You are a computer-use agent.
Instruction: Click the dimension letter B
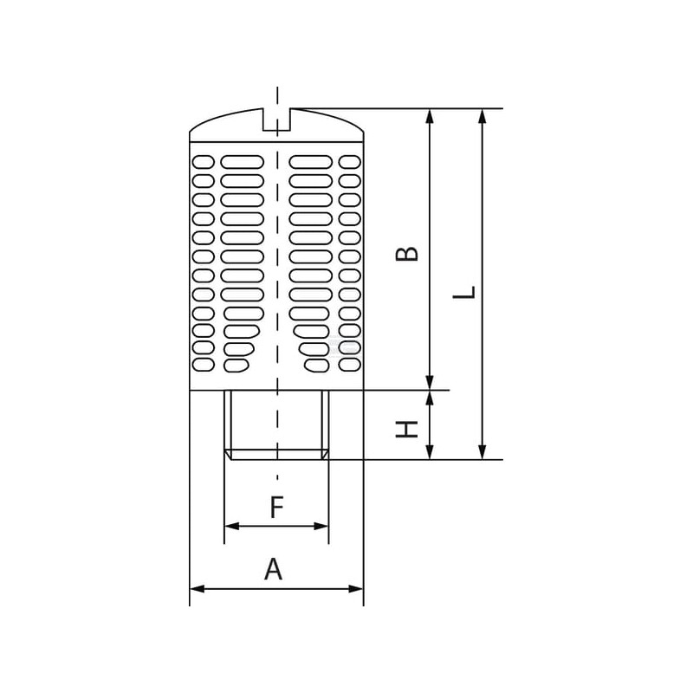[406, 254]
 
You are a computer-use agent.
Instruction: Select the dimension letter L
[464, 292]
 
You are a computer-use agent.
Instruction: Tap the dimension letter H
[406, 429]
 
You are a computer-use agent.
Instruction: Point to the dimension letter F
[276, 508]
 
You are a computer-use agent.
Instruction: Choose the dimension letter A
[273, 569]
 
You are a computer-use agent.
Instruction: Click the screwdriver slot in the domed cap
[276, 120]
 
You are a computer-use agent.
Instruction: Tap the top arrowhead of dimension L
[483, 116]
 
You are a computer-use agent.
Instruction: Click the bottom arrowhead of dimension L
[483, 452]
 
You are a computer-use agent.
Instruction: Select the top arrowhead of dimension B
[430, 116]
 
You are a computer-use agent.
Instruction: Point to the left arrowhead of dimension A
[198, 589]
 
